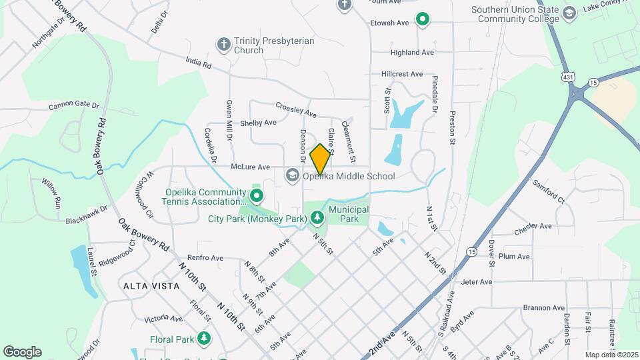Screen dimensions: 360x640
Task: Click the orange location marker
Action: tap(321, 159)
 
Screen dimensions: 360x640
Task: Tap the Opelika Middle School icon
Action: tap(292, 176)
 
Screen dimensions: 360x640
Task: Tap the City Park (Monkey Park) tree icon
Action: tap(317, 218)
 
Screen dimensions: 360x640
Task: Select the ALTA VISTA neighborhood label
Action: tap(151, 285)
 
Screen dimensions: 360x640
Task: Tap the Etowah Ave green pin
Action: tap(422, 20)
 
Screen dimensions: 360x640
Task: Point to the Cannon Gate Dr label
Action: tap(73, 106)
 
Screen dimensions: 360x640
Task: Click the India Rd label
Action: tap(198, 65)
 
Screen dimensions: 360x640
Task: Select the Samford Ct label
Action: tap(548, 191)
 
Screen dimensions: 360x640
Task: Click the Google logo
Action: tap(22, 352)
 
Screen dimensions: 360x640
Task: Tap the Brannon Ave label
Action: tap(544, 307)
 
